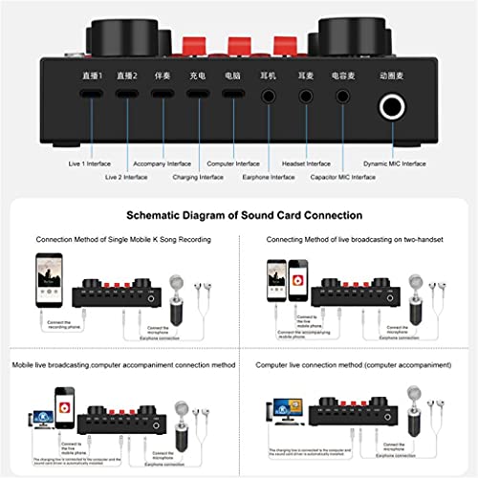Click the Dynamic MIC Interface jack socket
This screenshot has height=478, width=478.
click(x=392, y=108)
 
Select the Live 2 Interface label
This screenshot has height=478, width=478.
click(x=127, y=177)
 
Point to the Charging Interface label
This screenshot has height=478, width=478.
click(x=199, y=177)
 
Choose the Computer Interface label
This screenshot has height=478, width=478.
click(x=234, y=163)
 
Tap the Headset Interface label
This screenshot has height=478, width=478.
click(x=306, y=163)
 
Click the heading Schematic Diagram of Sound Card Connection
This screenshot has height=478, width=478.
click(x=238, y=216)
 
